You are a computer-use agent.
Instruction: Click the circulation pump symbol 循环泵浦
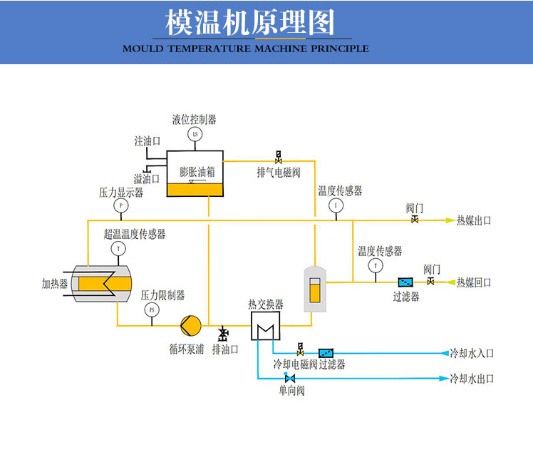(190, 326)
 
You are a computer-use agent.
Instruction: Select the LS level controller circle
(195, 134)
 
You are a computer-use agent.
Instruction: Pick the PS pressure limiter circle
(151, 310)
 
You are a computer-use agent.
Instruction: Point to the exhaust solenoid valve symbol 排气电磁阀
(278, 157)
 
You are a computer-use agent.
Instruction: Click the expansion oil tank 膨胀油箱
(195, 174)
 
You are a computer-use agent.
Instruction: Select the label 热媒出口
(474, 220)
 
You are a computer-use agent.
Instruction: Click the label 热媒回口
(474, 282)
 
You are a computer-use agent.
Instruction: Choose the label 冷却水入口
(471, 353)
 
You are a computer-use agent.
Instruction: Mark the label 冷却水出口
(471, 378)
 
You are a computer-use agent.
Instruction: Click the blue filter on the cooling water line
(326, 353)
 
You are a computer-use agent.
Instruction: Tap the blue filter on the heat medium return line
(405, 282)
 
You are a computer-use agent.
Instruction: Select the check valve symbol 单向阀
(289, 378)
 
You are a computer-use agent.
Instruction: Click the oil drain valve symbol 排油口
(223, 333)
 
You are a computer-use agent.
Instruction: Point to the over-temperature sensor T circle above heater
(118, 248)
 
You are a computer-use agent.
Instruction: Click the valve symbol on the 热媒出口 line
(414, 220)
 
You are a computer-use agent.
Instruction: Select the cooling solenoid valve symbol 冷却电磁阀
(300, 350)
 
